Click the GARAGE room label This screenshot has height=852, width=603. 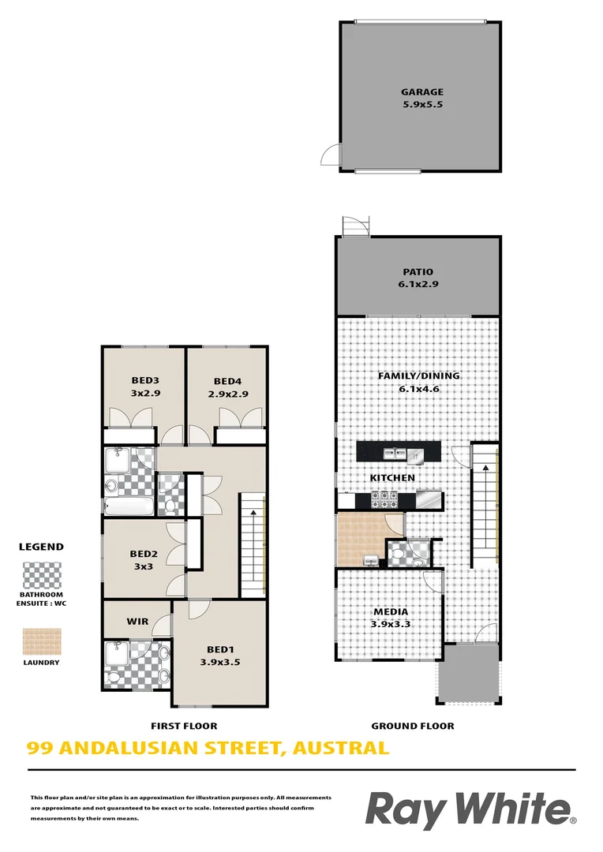point(422,92)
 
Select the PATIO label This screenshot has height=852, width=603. point(418,273)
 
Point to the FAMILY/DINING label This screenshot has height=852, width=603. point(418,376)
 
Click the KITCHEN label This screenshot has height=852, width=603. point(392,478)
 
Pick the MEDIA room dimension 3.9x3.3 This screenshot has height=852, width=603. point(391,625)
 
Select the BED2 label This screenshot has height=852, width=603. point(144,554)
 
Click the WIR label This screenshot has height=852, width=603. point(138,622)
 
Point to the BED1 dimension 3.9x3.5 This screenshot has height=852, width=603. point(219,663)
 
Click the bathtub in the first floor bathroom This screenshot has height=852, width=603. point(129,506)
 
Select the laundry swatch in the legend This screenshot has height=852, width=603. point(42,641)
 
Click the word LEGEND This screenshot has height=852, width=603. point(41,547)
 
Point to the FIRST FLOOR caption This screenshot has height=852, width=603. point(184,726)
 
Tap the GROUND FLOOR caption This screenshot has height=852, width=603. point(413,726)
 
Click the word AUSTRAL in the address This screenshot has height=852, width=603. point(340,748)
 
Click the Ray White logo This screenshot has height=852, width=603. point(470,810)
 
